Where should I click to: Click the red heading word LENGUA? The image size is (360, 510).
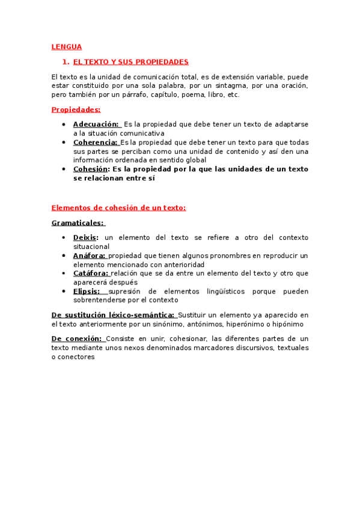pyautogui.click(x=67, y=46)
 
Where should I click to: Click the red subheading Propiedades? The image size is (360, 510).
pyautogui.click(x=76, y=109)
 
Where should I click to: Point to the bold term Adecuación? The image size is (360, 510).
pyautogui.click(x=96, y=124)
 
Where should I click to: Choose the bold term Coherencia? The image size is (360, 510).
pyautogui.click(x=96, y=142)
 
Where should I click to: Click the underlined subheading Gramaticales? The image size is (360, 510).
pyautogui.click(x=78, y=223)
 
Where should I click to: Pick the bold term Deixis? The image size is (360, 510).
pyautogui.click(x=85, y=238)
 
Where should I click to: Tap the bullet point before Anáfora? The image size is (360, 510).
pyautogui.click(x=64, y=255)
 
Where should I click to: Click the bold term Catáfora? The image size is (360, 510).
pyautogui.click(x=91, y=273)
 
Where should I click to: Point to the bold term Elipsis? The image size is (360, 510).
pyautogui.click(x=87, y=291)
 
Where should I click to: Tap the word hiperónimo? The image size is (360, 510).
pyautogui.click(x=243, y=324)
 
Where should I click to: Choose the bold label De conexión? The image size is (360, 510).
pyautogui.click(x=78, y=339)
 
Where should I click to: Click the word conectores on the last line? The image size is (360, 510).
pyautogui.click(x=78, y=357)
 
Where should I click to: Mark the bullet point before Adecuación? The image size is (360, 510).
pyautogui.click(x=64, y=124)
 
